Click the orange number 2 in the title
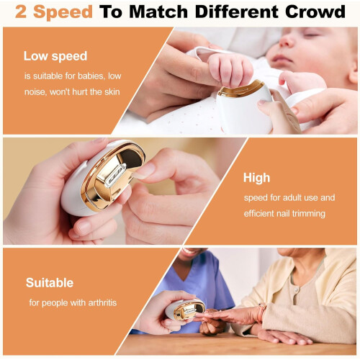[x=20, y=12]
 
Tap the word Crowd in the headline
[x=315, y=12]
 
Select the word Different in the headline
[x=237, y=12]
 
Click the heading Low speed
[x=55, y=56]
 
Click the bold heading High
[x=256, y=178]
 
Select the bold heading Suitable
[x=50, y=283]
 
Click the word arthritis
[x=102, y=302]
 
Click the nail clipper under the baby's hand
[x=243, y=106]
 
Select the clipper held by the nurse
[x=185, y=310]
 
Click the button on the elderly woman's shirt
[x=297, y=292]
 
